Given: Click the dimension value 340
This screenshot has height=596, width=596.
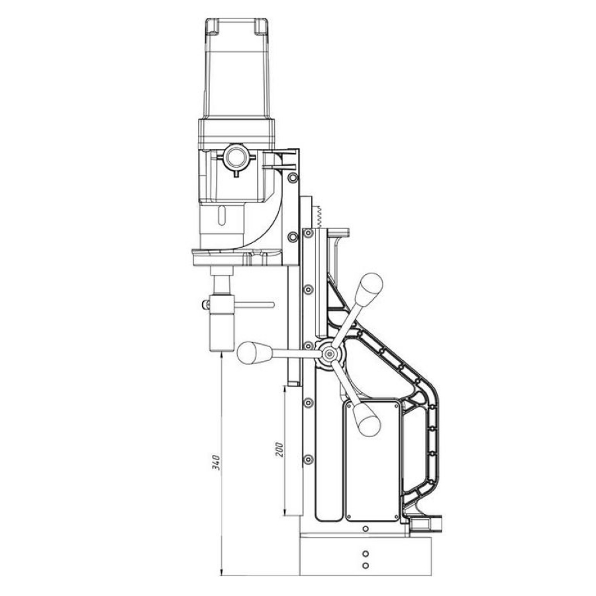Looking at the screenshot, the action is point(216,462).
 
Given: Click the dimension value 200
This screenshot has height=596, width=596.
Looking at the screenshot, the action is point(279,449).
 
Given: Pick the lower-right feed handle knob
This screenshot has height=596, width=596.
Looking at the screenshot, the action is point(367,419).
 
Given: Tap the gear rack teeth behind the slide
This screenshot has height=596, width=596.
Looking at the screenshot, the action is point(319,217).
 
